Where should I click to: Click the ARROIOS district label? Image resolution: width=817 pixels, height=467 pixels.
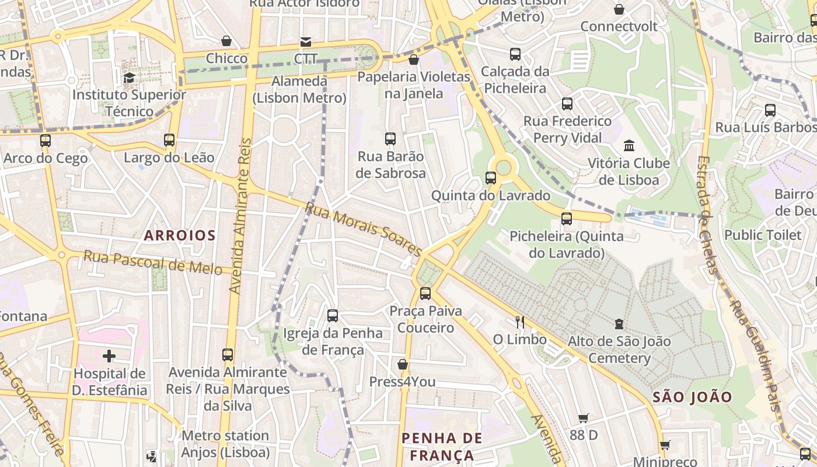[180, 235]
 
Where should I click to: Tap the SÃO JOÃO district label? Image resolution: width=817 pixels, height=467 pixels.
[692, 398]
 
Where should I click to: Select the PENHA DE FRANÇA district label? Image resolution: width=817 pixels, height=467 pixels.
[442, 447]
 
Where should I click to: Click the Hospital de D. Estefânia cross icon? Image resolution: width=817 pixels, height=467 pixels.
[109, 356]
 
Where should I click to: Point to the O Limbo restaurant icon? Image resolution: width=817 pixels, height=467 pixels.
[520, 322]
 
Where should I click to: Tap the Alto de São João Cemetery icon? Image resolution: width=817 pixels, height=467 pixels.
[619, 323]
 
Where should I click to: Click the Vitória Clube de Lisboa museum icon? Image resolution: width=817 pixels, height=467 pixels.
[629, 145]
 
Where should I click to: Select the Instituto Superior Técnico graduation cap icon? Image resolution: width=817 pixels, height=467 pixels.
[129, 77]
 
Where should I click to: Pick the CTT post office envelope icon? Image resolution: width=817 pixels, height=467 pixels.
[306, 41]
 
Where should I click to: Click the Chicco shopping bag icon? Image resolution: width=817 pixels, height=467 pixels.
[226, 41]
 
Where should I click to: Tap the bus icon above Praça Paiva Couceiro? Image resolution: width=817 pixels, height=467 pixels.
[425, 293]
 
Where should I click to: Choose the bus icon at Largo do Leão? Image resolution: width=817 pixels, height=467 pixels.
[169, 140]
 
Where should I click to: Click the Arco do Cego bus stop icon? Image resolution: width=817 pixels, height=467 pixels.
[46, 141]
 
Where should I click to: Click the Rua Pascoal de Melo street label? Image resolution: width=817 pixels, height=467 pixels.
[153, 262]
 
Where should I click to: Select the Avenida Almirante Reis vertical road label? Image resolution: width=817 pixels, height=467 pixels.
[240, 216]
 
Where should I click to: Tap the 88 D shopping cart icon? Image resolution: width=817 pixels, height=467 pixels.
[583, 418]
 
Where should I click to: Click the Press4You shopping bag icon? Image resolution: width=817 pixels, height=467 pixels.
[402, 365]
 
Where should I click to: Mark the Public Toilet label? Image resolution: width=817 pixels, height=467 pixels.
[763, 235]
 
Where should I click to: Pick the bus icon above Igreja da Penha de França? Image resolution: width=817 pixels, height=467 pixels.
[333, 316]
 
